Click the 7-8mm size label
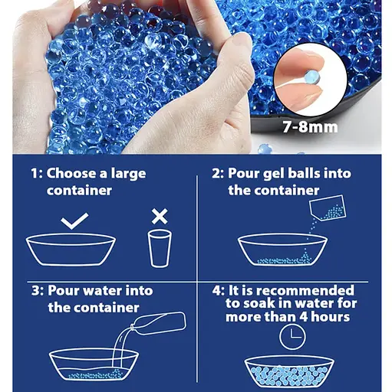pos(311,127)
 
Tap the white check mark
pos(75,221)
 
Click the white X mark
pos(160,216)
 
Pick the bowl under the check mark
pos(71,250)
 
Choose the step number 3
pos(35,291)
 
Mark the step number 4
pos(216,291)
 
